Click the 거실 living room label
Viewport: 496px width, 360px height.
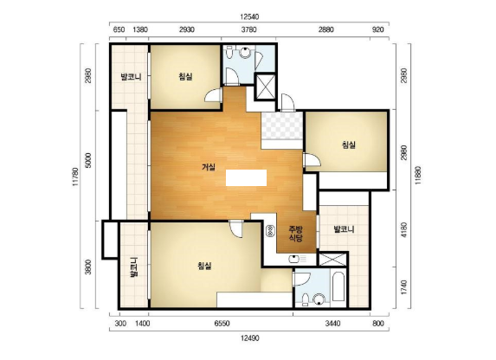(x=209, y=167)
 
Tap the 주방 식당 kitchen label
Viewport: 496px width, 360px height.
(x=296, y=234)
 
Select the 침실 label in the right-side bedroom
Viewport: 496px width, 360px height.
(x=349, y=145)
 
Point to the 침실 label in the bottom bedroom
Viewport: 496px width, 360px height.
(x=204, y=266)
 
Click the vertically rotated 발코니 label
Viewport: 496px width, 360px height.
(x=134, y=267)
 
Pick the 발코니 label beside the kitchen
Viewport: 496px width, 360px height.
(x=344, y=229)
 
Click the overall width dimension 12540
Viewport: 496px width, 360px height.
(x=249, y=16)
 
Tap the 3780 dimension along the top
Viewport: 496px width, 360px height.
(x=248, y=29)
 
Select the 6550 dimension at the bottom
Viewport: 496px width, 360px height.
(x=222, y=324)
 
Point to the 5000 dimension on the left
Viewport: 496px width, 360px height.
(x=88, y=160)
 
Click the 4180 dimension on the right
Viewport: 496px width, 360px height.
(x=404, y=229)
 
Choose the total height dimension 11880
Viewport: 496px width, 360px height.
(x=418, y=176)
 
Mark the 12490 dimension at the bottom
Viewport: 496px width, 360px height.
(x=249, y=338)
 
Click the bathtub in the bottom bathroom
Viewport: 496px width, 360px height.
(x=338, y=286)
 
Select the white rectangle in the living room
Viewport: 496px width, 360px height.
(x=246, y=177)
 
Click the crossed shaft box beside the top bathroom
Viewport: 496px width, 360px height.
(x=265, y=87)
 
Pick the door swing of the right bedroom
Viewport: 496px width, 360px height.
(x=312, y=160)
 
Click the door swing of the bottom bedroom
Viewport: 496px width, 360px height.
(x=236, y=228)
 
